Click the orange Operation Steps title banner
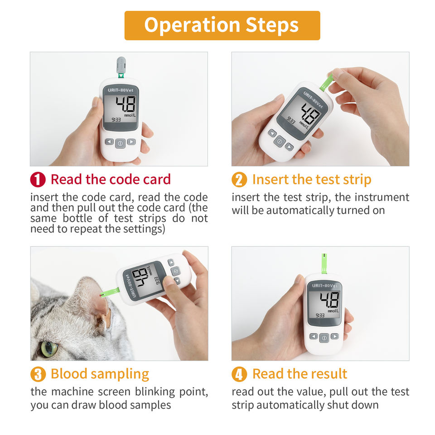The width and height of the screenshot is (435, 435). tap(222, 25)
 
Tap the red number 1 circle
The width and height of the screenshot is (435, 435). tap(38, 179)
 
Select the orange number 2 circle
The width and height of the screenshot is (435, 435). tap(239, 179)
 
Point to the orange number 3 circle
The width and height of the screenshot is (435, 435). tap(38, 374)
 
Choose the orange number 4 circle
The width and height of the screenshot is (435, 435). tap(239, 374)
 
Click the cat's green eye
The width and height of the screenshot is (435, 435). tap(49, 348)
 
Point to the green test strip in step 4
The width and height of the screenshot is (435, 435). tap(324, 263)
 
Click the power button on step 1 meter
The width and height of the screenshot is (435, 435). tap(120, 144)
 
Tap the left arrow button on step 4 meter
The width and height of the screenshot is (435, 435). tap(314, 337)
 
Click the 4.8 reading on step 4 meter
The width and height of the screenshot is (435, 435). tap(329, 300)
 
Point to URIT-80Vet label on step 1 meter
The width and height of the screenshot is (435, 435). tap(121, 90)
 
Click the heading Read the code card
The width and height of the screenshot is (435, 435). tap(111, 179)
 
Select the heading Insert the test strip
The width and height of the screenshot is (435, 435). tap(312, 179)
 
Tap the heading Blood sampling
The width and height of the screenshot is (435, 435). tap(100, 374)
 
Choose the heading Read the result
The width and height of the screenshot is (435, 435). tap(300, 374)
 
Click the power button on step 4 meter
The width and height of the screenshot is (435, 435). tap(324, 338)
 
